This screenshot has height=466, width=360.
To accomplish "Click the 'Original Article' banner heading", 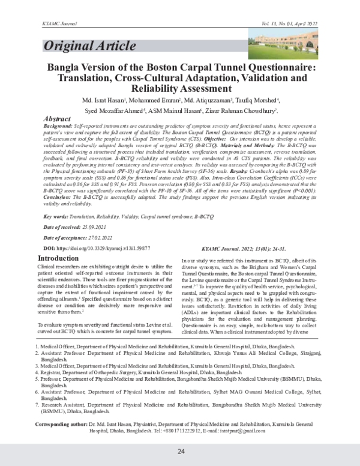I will pos(88,46).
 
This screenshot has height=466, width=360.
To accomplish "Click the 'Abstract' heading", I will pos(62,120).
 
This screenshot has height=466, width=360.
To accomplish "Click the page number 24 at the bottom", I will pos(180,451).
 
